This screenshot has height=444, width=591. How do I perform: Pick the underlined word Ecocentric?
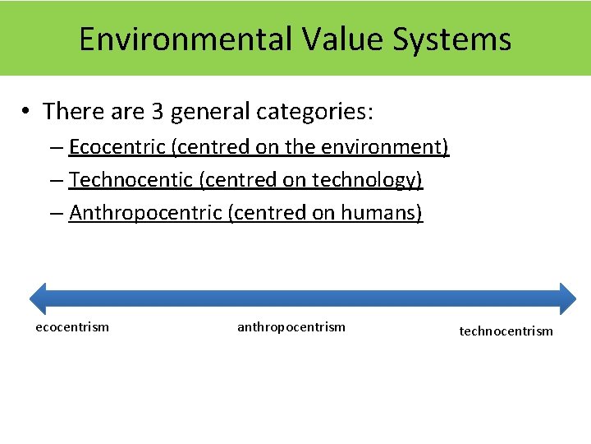[117, 147]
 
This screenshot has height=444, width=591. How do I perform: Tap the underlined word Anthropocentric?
[145, 213]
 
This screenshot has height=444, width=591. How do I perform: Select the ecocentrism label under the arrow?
[72, 327]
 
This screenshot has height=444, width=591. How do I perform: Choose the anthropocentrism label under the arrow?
[291, 327]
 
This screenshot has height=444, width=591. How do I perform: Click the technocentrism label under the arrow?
[506, 331]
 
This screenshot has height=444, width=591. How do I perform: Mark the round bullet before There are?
[27, 111]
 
